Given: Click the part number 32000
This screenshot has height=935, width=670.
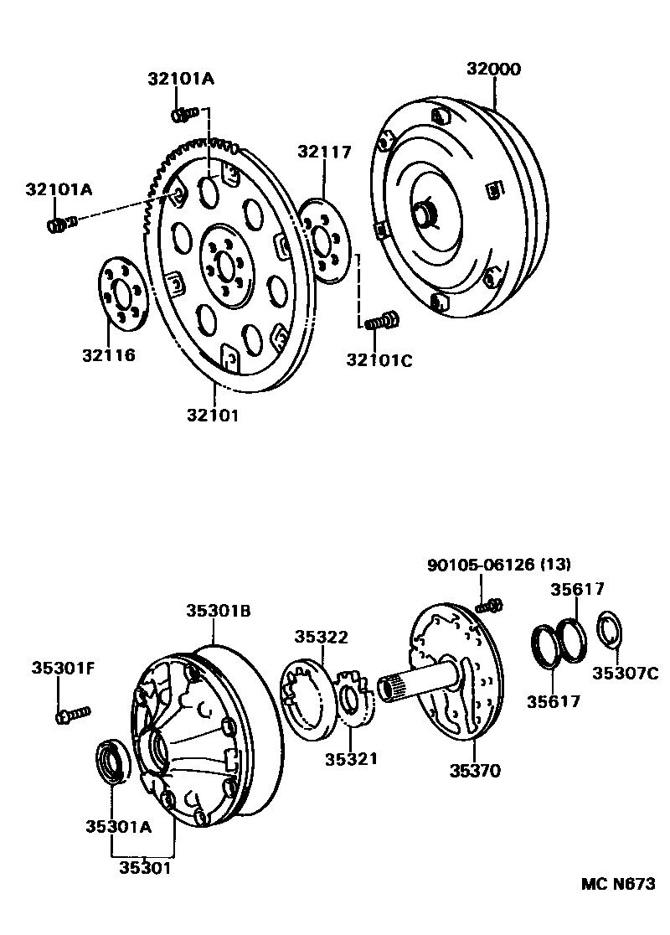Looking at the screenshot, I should [493, 69].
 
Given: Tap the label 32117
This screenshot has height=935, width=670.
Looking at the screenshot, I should [323, 152].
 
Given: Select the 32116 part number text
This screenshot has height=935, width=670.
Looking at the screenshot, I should [109, 355].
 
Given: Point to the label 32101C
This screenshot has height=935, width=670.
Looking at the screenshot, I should [379, 360].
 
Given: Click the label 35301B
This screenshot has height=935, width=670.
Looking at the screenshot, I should [218, 612].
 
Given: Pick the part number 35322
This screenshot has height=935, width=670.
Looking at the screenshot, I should [321, 637].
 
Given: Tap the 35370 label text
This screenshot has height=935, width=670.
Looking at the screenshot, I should [473, 771].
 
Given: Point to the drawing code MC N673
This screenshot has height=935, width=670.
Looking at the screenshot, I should [618, 885].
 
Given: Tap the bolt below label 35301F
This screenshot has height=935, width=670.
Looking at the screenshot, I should [71, 715].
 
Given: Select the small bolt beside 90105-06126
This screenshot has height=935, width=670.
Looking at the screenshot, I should [492, 603].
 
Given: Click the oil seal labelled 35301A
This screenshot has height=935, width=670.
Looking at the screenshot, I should [112, 761].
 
